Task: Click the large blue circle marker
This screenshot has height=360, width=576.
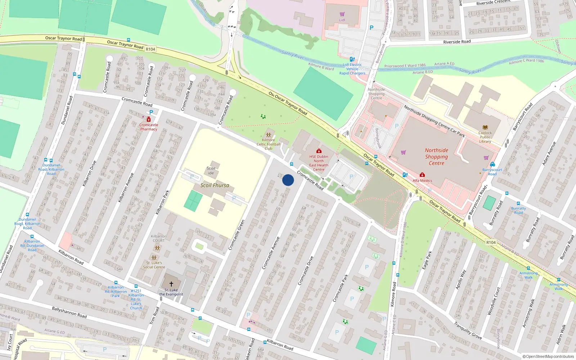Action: point(288,180)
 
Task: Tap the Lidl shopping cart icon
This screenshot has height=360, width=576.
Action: point(342,14)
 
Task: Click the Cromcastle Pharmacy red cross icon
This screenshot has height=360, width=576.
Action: point(148,120)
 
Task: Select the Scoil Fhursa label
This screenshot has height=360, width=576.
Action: point(215,185)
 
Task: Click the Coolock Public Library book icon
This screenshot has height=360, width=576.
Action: point(485,127)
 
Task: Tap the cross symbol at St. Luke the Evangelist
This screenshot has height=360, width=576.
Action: point(171,284)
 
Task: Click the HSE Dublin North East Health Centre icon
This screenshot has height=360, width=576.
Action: point(319,151)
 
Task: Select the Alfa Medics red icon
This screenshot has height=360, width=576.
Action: point(422,175)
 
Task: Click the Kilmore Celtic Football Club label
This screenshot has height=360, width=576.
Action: point(269,144)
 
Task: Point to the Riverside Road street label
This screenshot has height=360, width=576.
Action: point(457,42)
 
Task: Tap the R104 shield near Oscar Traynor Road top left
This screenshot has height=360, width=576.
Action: point(150,49)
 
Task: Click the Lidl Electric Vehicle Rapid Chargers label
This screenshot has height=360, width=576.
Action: point(352,69)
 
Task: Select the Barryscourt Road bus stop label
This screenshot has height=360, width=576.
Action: point(492,172)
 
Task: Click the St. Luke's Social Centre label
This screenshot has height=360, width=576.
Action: point(154,265)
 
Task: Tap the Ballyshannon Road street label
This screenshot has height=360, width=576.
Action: point(69,312)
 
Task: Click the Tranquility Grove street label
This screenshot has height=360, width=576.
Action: point(468,330)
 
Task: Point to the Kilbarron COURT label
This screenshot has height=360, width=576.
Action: point(158,238)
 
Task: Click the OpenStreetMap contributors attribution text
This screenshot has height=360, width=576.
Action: point(548,356)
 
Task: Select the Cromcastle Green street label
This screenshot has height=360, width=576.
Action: point(237,235)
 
